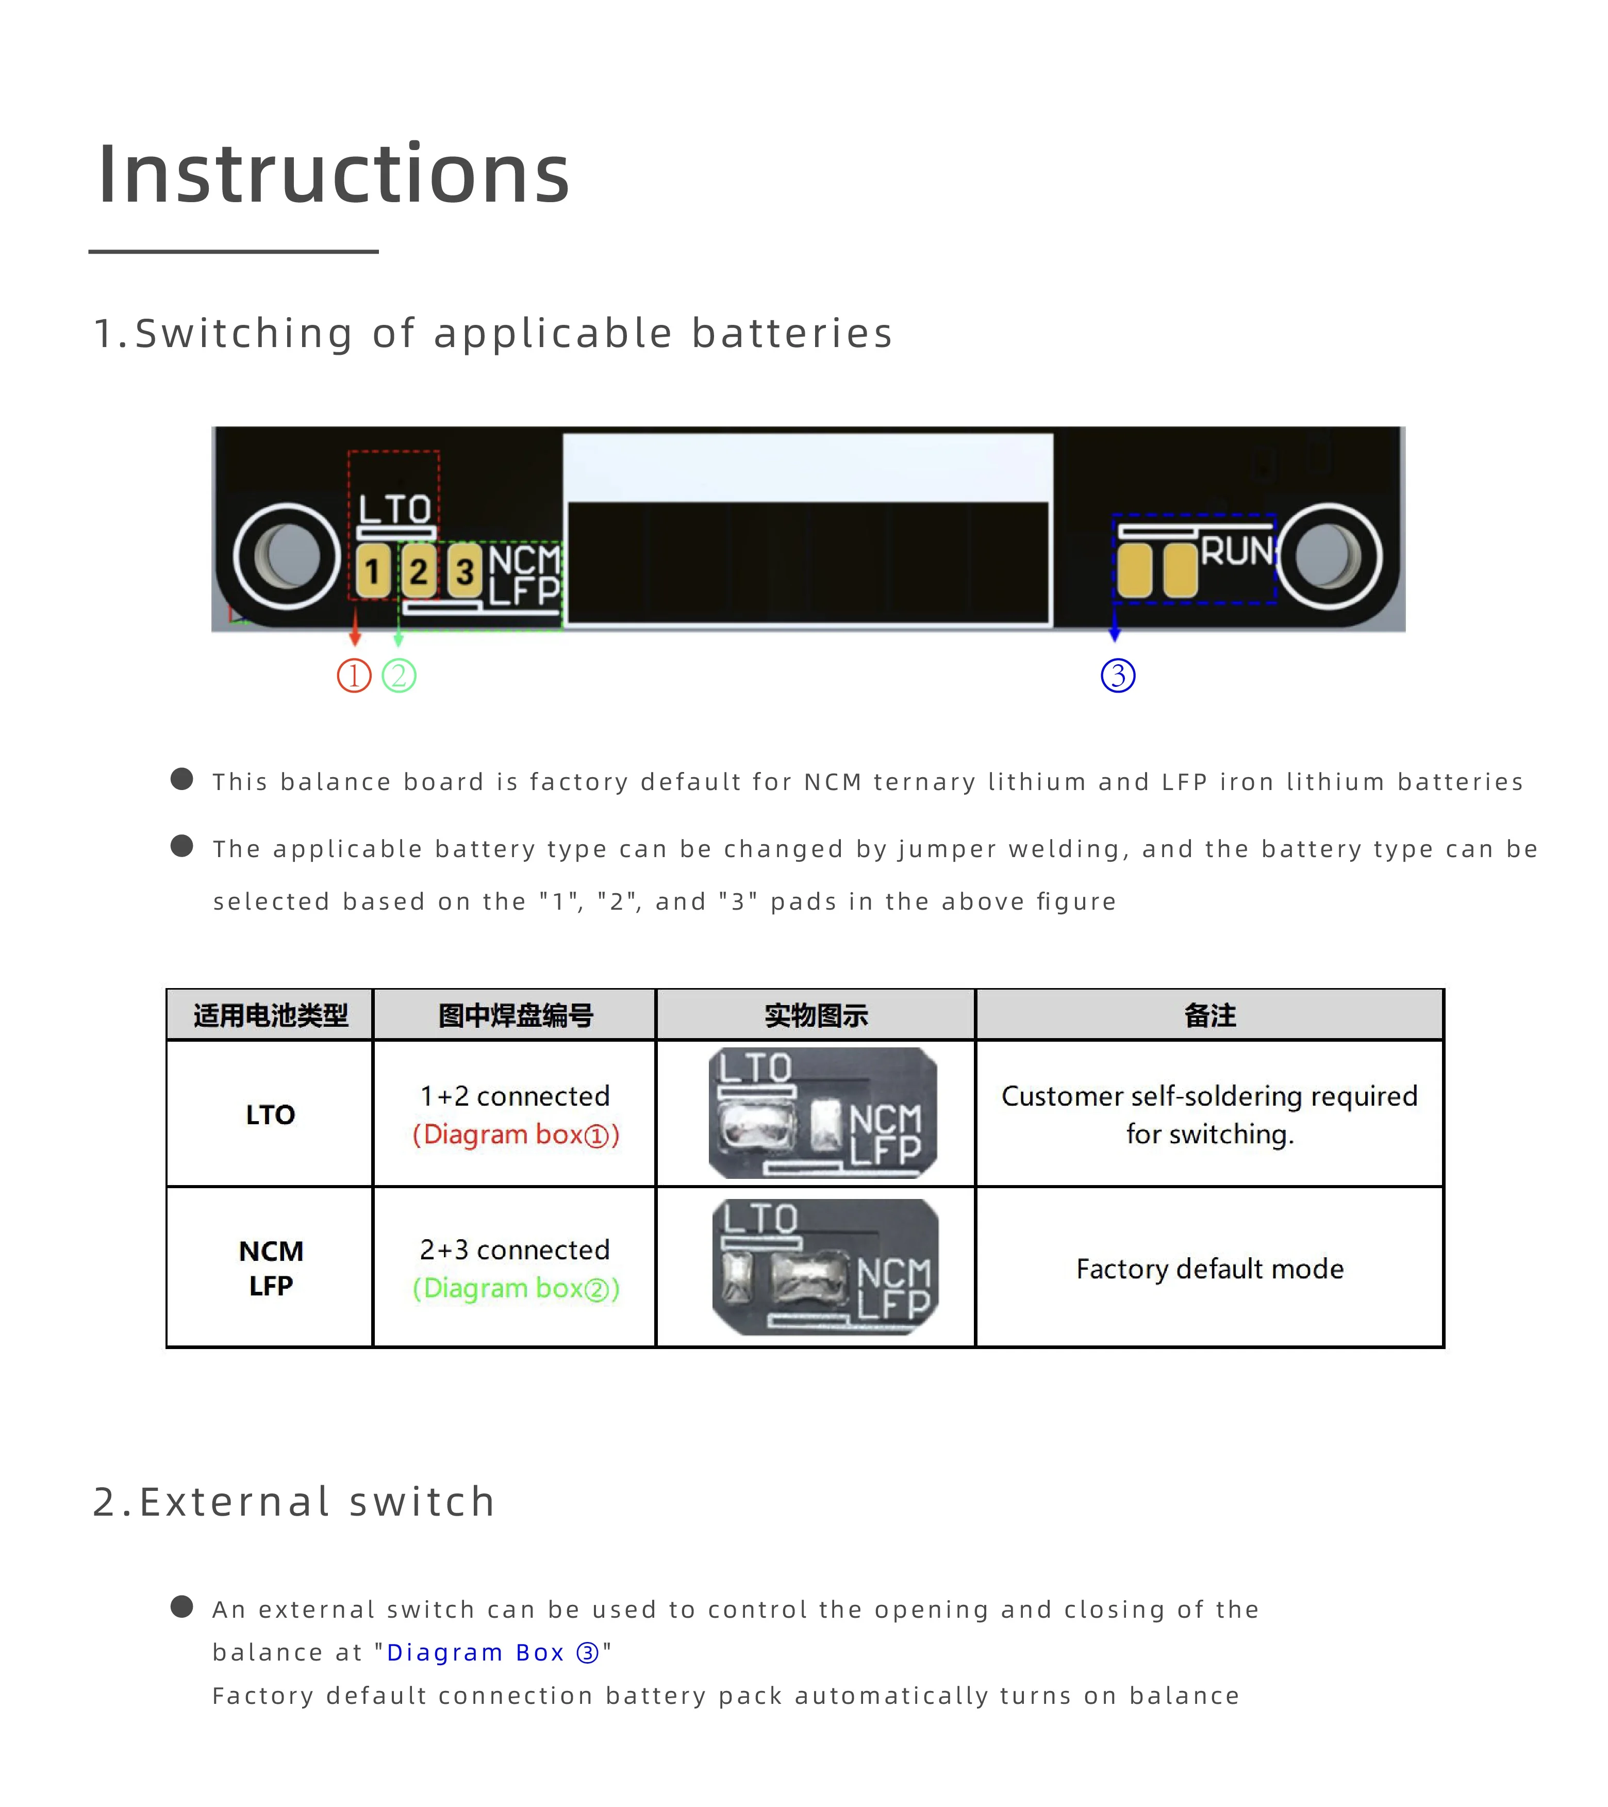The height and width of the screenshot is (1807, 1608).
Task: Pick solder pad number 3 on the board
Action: coord(464,570)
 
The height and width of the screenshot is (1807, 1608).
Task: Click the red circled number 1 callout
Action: coord(355,676)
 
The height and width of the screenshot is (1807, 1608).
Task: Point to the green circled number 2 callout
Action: coord(399,676)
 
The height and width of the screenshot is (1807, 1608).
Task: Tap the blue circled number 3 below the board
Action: coord(1118,676)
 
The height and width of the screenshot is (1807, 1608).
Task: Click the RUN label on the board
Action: coord(1237,551)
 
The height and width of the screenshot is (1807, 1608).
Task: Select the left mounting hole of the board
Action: coord(287,557)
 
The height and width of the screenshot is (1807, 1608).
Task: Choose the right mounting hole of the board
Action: coord(1329,557)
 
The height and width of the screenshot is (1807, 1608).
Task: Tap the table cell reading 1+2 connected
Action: coord(516,1096)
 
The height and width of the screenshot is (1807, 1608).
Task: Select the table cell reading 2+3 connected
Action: coord(516,1250)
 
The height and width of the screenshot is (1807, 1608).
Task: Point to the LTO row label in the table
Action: coord(271,1115)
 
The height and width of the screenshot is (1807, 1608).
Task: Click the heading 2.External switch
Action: coord(294,1502)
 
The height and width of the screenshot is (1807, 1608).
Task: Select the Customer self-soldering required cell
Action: coord(1209,1115)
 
